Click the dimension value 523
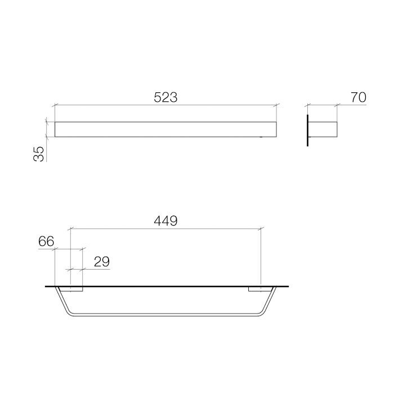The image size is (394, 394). [165, 97]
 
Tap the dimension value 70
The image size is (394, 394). [358, 97]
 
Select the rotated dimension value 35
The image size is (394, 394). [38, 154]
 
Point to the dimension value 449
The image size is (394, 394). [165, 221]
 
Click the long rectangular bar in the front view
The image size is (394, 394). [165, 129]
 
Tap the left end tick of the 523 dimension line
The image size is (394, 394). [54, 105]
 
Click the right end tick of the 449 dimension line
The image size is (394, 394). [261, 229]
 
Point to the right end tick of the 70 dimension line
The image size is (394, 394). [337, 105]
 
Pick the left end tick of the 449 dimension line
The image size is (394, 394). [69, 229]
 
